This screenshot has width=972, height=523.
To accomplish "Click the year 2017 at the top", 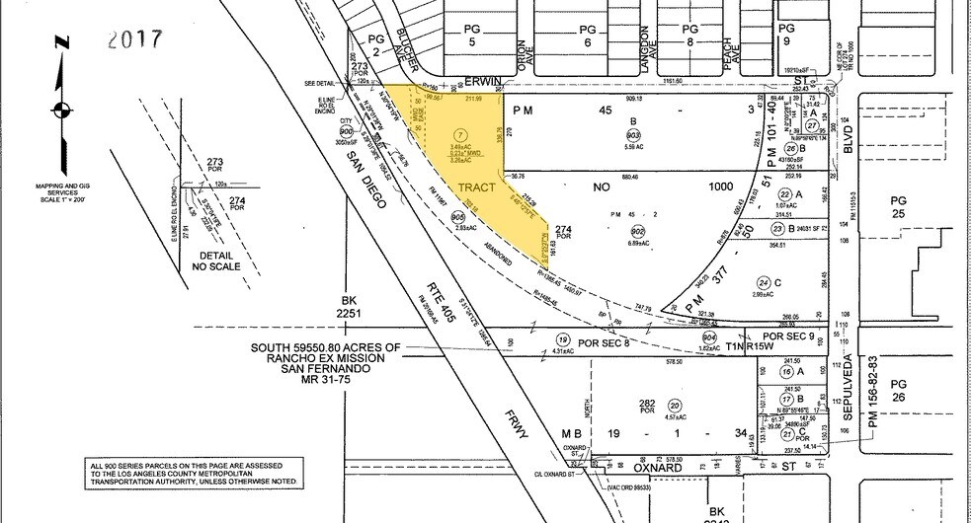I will point(135,40).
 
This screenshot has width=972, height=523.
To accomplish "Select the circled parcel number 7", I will point(457,133).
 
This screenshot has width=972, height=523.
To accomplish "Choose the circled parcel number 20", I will point(675,405).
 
